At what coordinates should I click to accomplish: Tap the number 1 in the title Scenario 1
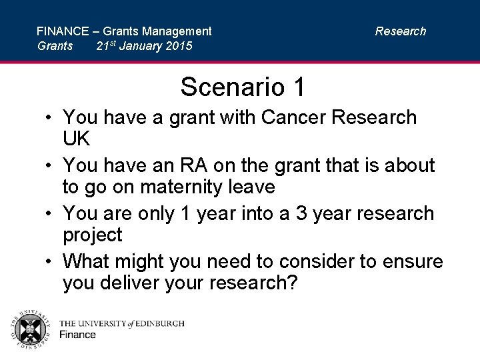tap(298, 87)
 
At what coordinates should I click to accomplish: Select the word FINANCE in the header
tap(62, 31)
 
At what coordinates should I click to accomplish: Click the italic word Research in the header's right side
tap(400, 31)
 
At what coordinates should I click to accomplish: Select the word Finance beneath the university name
tap(78, 335)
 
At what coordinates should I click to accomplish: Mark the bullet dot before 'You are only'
tap(51, 214)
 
